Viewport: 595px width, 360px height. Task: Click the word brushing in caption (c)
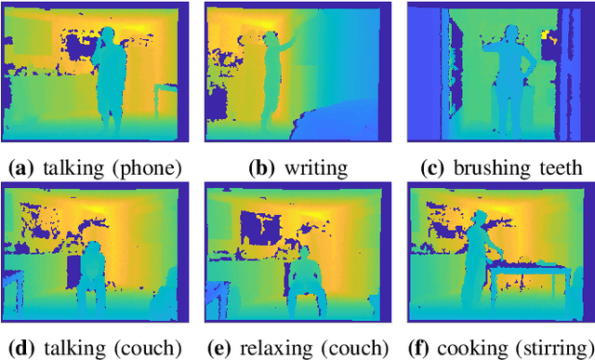point(493,168)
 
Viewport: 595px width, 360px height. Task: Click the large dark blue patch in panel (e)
point(255,228)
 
